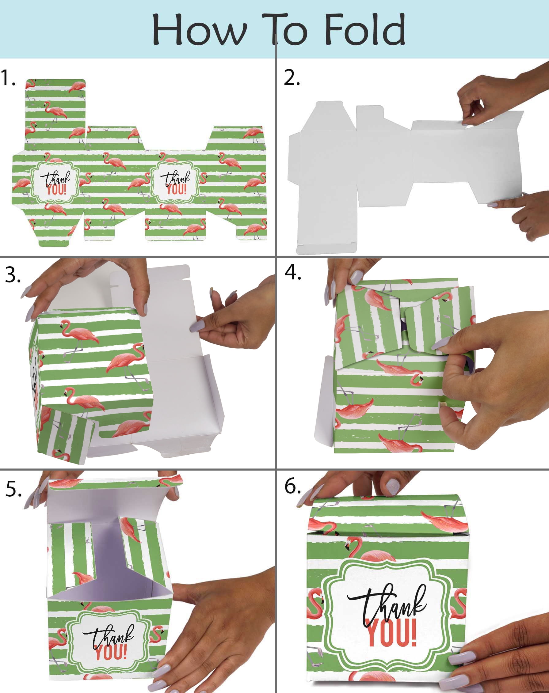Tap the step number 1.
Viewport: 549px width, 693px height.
(x=8, y=78)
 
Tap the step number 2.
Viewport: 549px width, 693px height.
(x=292, y=78)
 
